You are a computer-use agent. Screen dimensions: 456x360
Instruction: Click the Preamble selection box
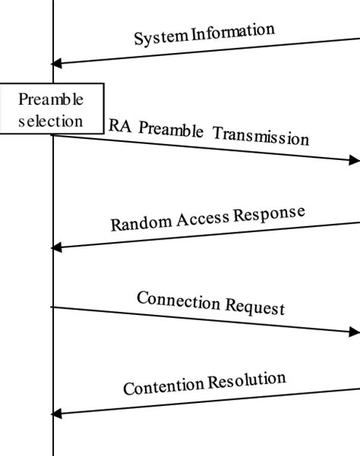pyautogui.click(x=51, y=109)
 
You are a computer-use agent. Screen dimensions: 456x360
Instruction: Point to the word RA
pyautogui.click(x=119, y=125)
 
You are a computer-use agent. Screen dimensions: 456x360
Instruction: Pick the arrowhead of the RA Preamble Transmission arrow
pyautogui.click(x=353, y=160)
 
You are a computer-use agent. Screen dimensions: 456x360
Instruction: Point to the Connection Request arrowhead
pyautogui.click(x=353, y=332)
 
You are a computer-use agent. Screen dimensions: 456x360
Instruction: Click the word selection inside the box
pyautogui.click(x=50, y=120)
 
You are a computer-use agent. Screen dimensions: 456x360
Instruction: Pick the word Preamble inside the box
pyautogui.click(x=50, y=99)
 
